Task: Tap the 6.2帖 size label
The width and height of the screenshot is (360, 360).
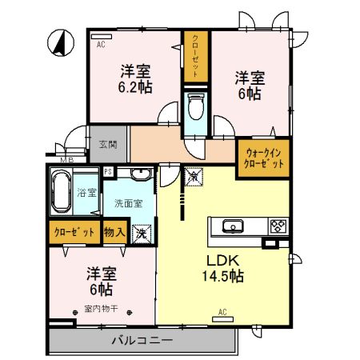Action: pyautogui.click(x=136, y=86)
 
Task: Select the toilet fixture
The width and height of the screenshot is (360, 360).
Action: pyautogui.click(x=195, y=106)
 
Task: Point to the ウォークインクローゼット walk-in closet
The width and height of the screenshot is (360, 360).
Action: pyautogui.click(x=262, y=158)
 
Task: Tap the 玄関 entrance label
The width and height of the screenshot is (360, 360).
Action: pyautogui.click(x=108, y=145)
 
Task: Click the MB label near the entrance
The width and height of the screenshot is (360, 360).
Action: pyautogui.click(x=68, y=160)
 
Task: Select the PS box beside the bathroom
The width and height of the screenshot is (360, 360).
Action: pyautogui.click(x=108, y=172)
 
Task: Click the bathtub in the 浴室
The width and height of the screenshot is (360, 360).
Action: pyautogui.click(x=62, y=192)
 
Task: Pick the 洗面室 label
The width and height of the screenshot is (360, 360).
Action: pyautogui.click(x=128, y=203)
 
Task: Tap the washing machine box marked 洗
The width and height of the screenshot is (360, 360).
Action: pyautogui.click(x=142, y=234)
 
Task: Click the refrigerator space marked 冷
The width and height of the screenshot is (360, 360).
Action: pyautogui.click(x=193, y=176)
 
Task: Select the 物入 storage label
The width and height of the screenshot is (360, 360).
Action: pyautogui.click(x=114, y=233)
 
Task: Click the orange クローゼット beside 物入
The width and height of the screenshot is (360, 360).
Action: pyautogui.click(x=74, y=233)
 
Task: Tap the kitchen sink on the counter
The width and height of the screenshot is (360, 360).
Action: pyautogui.click(x=232, y=226)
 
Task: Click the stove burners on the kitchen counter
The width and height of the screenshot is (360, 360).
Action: pyautogui.click(x=277, y=226)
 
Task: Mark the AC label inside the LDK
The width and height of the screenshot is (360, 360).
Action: pyautogui.click(x=223, y=312)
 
